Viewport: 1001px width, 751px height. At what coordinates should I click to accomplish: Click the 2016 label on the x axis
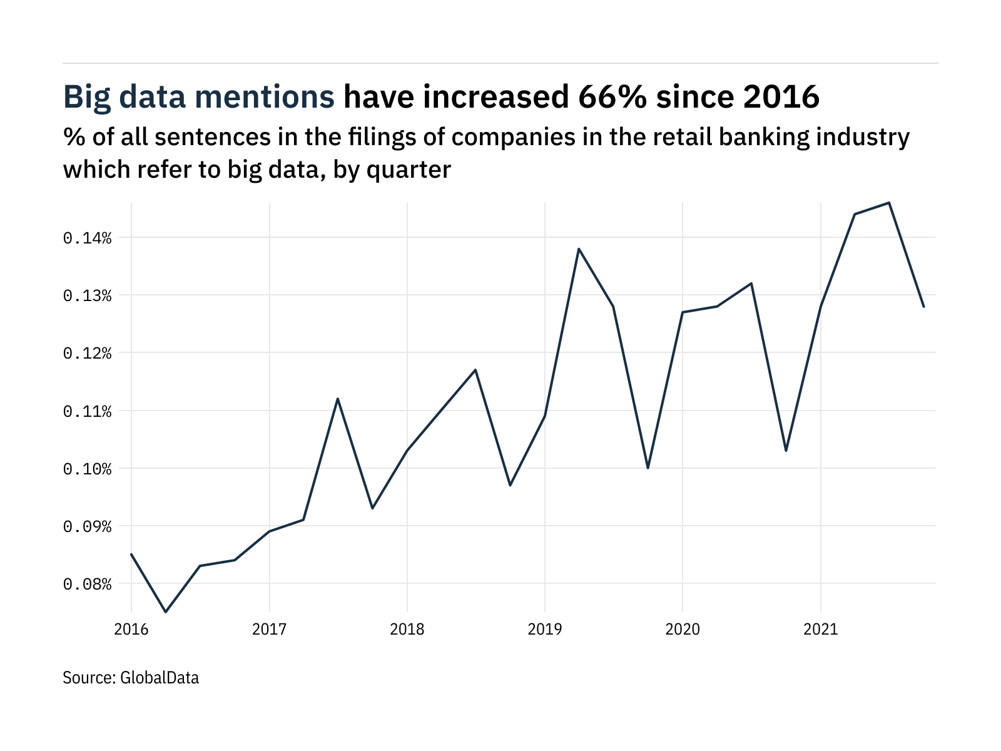131,629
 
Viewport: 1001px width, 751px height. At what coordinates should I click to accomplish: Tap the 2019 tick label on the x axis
545,629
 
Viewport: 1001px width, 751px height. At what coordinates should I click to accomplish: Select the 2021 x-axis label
820,629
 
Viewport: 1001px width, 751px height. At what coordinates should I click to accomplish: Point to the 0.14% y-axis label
87,238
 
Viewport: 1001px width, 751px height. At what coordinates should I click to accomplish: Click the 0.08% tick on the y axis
87,584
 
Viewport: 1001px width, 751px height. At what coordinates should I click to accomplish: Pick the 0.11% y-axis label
87,411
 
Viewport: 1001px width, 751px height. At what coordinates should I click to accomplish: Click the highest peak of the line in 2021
889,203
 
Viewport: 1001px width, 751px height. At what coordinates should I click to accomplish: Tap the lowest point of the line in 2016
166,612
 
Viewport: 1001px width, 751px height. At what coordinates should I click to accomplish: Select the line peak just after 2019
579,249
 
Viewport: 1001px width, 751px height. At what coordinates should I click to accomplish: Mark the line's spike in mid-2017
338,399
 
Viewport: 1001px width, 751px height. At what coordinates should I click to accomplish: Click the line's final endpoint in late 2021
923,307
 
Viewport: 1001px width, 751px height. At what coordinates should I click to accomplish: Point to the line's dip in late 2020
786,451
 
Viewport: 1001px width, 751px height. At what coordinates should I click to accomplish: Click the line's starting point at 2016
131,554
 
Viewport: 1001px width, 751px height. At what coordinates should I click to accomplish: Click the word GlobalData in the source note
160,677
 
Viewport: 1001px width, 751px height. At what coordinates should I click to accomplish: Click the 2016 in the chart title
781,97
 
